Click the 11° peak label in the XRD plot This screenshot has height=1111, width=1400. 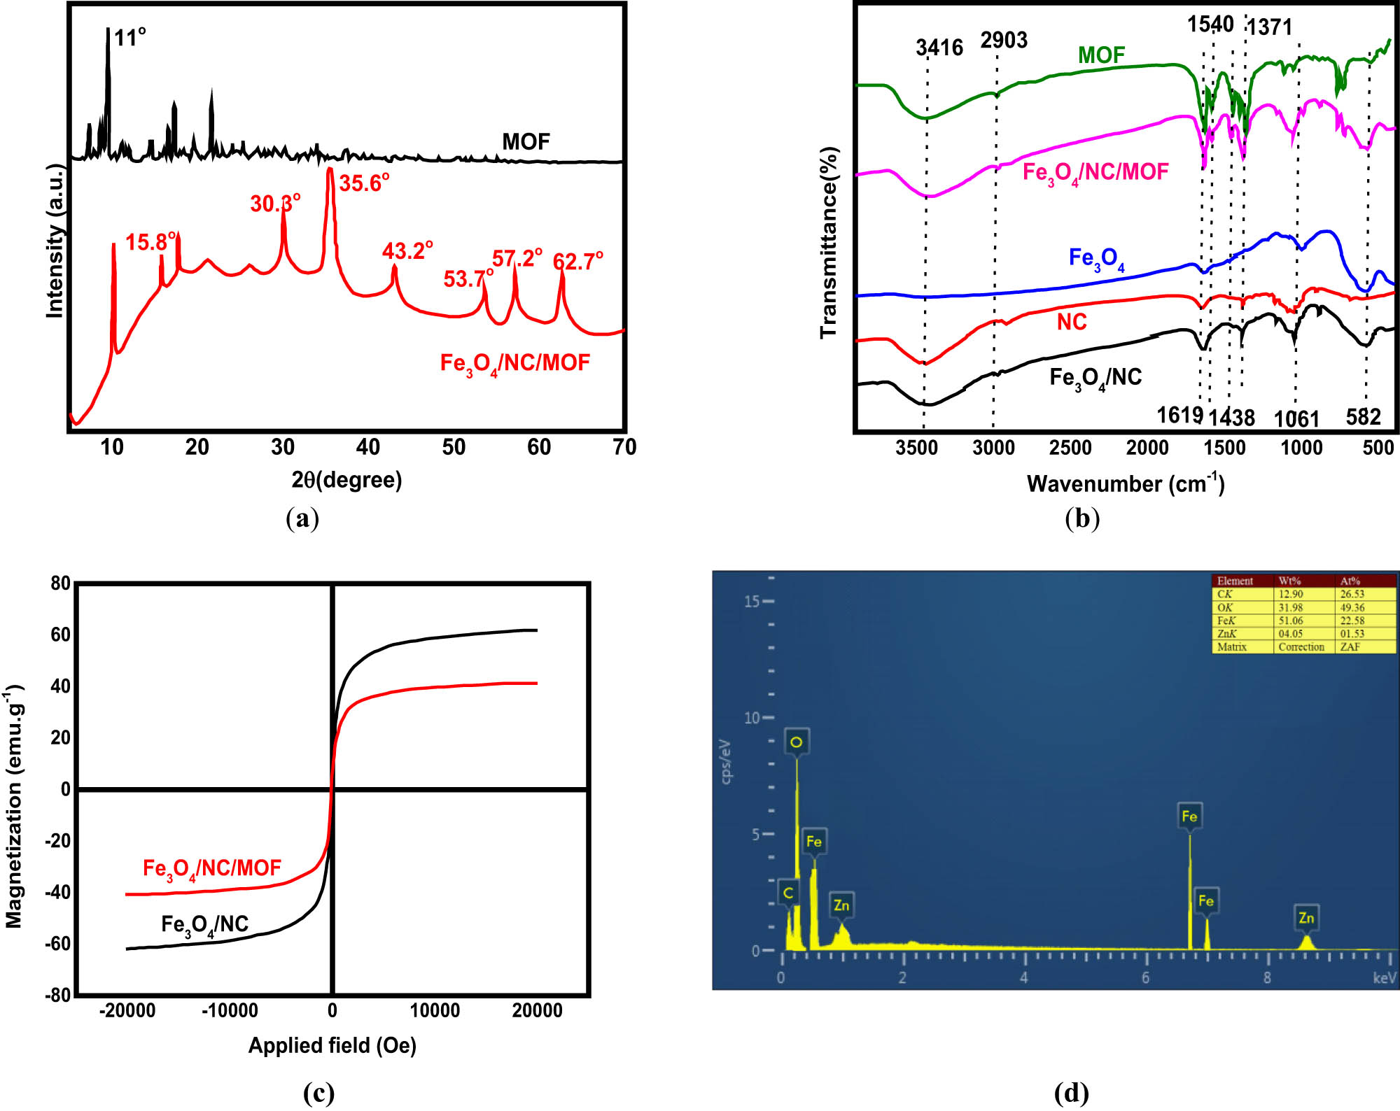point(130,37)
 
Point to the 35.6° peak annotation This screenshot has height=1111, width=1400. point(364,183)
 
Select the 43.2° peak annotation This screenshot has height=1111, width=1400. point(407,250)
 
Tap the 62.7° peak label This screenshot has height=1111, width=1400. point(577,262)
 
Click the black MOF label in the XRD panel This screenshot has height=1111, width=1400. point(526,142)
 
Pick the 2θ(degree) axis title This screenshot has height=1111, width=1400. point(346,480)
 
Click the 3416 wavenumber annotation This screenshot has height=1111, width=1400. point(939,48)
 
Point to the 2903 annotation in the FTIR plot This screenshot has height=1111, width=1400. point(1004,41)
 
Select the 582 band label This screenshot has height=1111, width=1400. point(1363,418)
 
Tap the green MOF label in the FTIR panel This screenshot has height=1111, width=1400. point(1101,55)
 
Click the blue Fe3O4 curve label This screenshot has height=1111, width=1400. point(1096,260)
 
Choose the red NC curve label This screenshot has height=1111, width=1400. point(1072,323)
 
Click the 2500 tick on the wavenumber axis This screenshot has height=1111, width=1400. point(1070,448)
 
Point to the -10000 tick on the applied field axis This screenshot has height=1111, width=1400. point(230,1010)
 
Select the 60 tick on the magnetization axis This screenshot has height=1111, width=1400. point(61,635)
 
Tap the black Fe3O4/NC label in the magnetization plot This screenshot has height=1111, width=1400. point(204,925)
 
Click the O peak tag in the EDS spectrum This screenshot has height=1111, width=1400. point(796,742)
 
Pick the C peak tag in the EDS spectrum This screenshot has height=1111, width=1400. point(788,893)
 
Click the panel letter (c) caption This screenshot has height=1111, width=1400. point(318,1093)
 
